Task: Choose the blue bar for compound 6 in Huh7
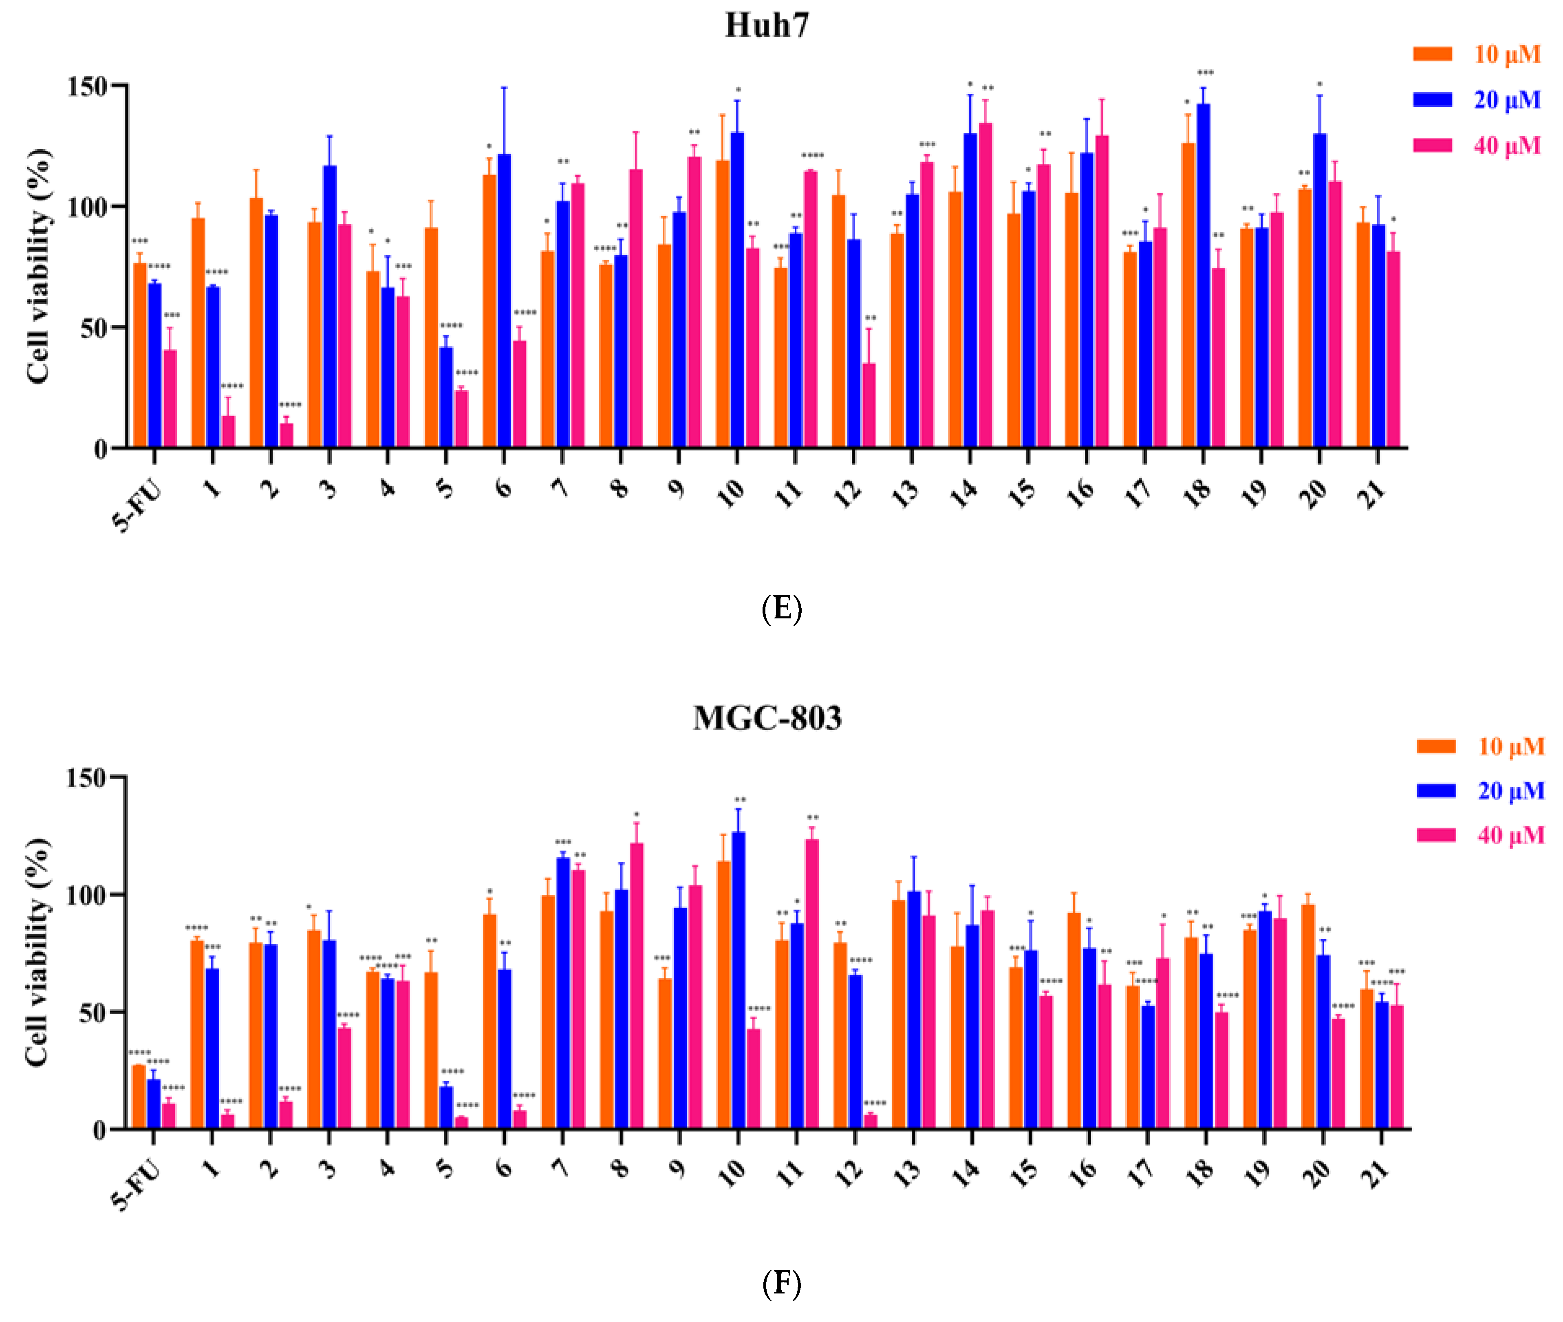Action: click(504, 300)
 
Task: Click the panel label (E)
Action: click(782, 609)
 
